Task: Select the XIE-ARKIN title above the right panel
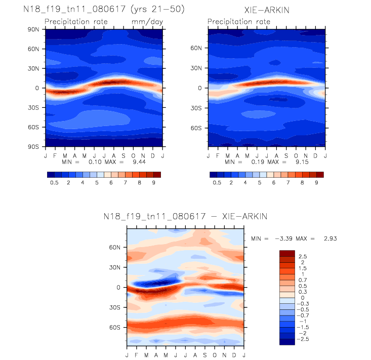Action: click(266, 9)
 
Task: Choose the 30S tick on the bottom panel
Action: click(114, 307)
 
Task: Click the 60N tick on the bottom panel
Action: click(114, 248)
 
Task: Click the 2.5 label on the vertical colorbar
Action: click(303, 256)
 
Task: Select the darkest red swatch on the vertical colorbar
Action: click(286, 253)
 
